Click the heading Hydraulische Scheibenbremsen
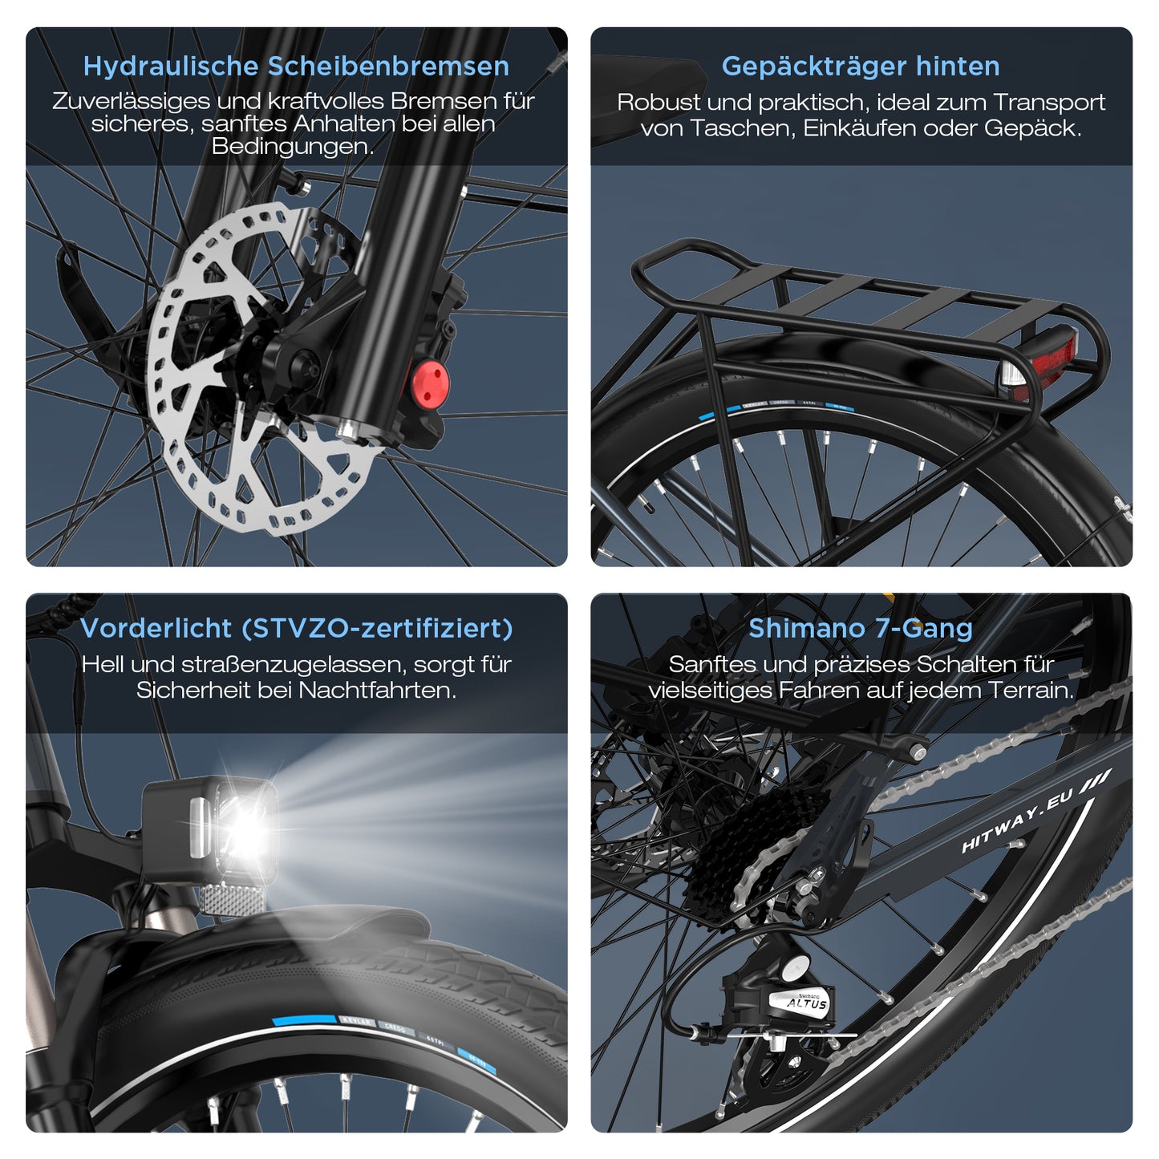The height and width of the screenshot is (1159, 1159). (x=296, y=66)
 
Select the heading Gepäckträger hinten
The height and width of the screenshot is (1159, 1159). (x=861, y=66)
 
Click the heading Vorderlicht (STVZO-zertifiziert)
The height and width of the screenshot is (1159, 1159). (x=296, y=628)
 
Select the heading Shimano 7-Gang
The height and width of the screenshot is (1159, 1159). (x=861, y=628)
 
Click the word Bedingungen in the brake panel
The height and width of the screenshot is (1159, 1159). (x=293, y=147)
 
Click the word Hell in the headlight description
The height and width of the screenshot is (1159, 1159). (x=103, y=664)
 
